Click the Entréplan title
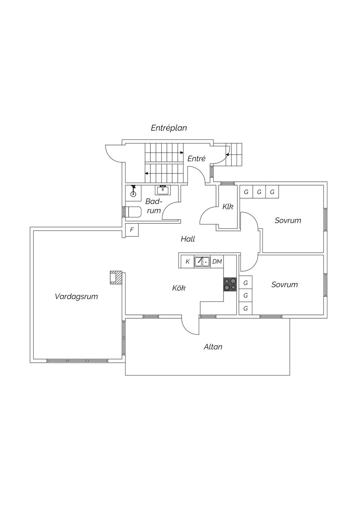[x=169, y=128]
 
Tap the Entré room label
[x=196, y=159]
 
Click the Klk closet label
[x=228, y=206]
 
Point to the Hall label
[x=188, y=239]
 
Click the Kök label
[x=179, y=288]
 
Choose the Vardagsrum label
[x=76, y=296]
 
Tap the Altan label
[x=213, y=347]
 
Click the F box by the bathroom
[x=132, y=230]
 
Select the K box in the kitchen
[x=187, y=262]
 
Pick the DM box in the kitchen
[x=217, y=262]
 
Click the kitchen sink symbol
[x=202, y=262]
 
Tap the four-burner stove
[x=230, y=284]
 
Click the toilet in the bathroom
[x=133, y=212]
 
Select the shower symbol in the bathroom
[x=133, y=192]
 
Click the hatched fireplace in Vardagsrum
[x=116, y=278]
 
